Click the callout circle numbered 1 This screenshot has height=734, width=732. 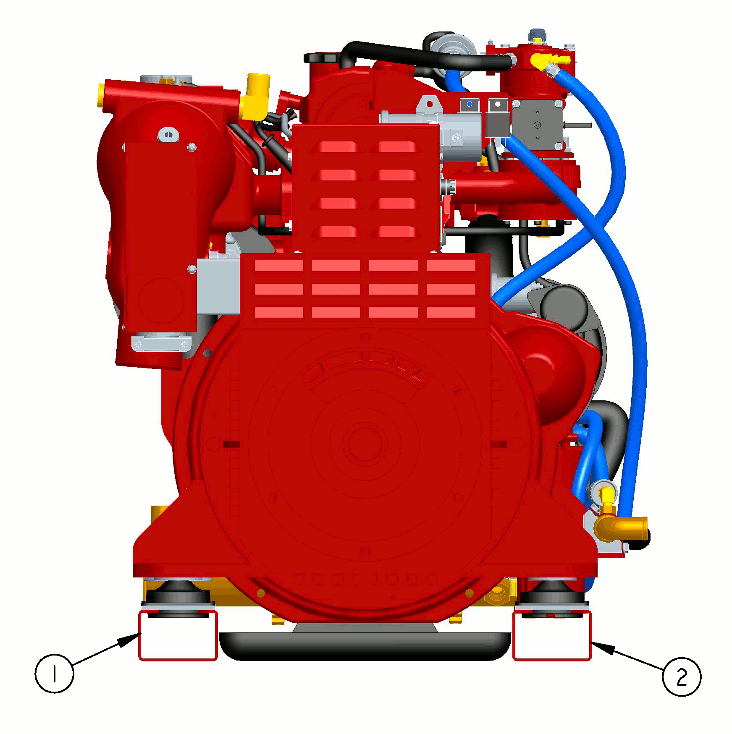click(54, 674)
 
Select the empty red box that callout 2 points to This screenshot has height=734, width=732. click(552, 635)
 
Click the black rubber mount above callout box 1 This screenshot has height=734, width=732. click(177, 596)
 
